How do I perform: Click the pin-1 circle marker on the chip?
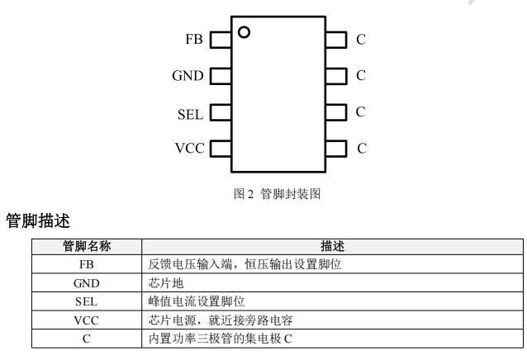pos(244,32)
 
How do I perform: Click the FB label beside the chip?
pos(194,39)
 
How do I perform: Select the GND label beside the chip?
pos(188,76)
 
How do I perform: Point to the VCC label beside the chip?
pos(189,149)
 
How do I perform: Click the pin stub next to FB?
pos(220,39)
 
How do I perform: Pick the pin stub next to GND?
pos(220,76)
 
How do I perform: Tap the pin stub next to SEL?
pos(220,113)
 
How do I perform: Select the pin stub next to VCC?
pos(220,149)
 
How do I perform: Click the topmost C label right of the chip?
pos(361,39)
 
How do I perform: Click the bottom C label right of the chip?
pos(361,149)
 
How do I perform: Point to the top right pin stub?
pos(335,39)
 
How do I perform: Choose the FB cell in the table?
pos(87,264)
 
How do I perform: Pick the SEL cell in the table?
pos(87,301)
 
